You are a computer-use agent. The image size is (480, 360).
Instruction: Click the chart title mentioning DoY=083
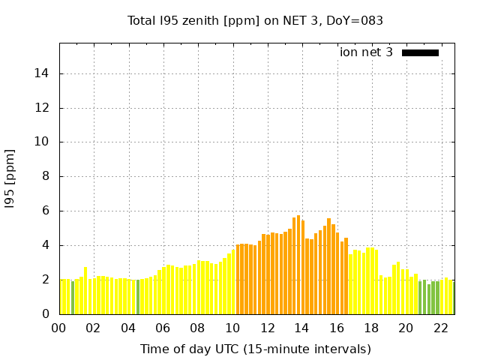tap(255, 20)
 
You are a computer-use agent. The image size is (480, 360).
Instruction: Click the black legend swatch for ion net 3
tap(420, 52)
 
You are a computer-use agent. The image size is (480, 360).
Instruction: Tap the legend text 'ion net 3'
tap(366, 52)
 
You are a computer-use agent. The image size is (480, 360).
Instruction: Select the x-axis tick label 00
tap(59, 328)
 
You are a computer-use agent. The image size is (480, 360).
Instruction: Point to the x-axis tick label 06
tap(163, 328)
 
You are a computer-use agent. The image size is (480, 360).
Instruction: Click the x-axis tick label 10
tap(232, 328)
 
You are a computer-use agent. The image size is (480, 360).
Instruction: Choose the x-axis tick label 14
tap(301, 328)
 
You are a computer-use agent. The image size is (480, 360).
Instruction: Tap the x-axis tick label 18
tap(371, 328)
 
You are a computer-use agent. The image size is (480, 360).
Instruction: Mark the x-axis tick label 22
tap(440, 328)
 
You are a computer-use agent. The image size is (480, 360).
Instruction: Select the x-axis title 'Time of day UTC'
tap(255, 349)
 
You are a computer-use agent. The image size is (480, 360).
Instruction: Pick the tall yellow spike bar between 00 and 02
tap(85, 290)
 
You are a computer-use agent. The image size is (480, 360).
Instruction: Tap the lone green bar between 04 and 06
tap(137, 296)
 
